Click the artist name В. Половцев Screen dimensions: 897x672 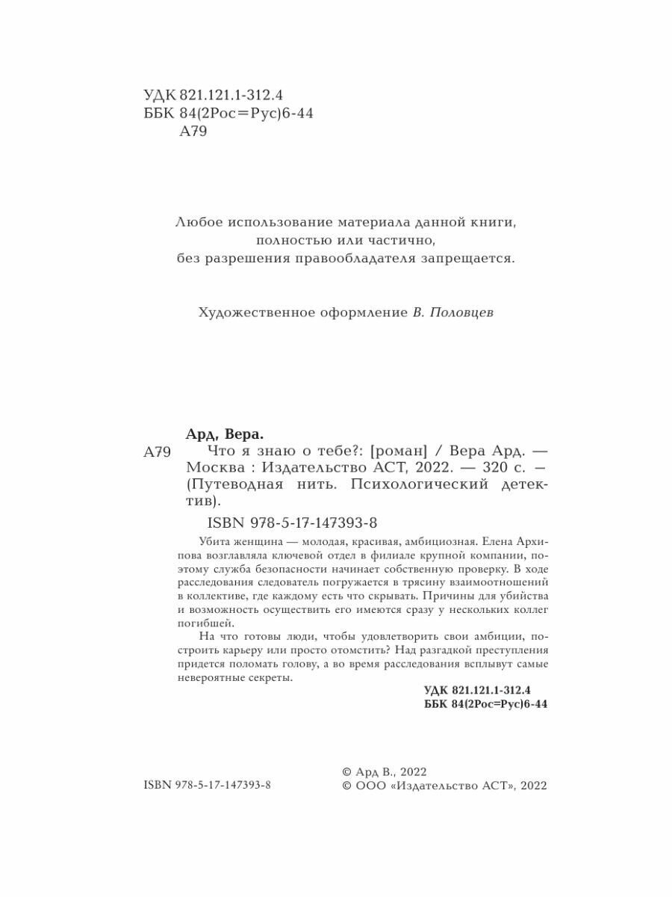[453, 314]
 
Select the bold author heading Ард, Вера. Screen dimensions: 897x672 [225, 434]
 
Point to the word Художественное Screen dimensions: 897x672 [244, 314]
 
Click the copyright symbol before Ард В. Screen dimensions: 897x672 [346, 771]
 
